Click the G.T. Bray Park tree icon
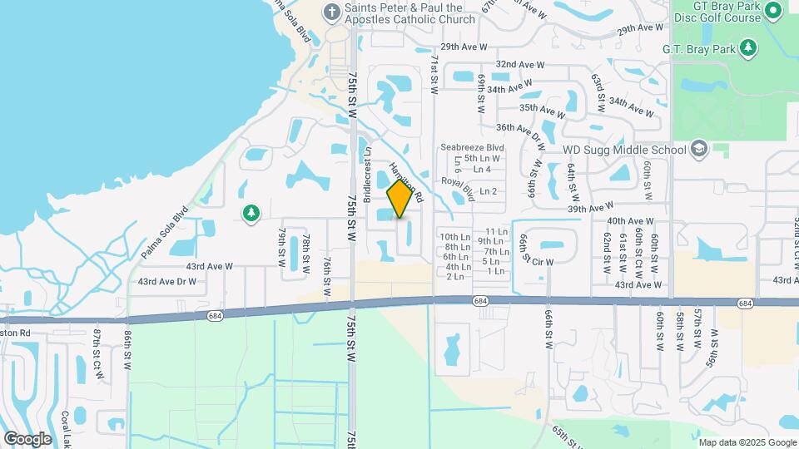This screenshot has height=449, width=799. [749, 47]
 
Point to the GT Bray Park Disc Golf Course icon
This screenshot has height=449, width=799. [772, 10]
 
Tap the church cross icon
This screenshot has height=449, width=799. [332, 12]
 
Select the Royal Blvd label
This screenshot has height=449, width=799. [457, 188]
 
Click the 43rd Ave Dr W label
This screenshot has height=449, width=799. [166, 282]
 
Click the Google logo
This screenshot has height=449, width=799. [27, 438]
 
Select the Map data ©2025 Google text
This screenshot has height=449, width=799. [747, 442]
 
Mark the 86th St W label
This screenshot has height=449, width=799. [128, 344]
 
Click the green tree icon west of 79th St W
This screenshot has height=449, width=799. [251, 214]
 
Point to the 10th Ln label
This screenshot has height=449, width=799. [455, 237]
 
